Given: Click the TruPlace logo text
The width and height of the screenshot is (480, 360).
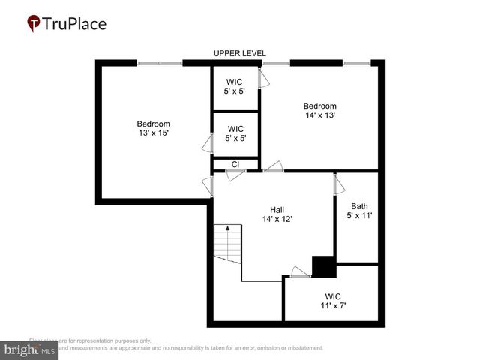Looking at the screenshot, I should (x=75, y=23).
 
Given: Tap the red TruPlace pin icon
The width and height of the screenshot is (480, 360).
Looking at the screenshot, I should (x=34, y=24).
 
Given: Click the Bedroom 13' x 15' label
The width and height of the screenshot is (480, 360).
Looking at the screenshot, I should (x=153, y=128).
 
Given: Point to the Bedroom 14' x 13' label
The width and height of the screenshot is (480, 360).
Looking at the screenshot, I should (x=319, y=110).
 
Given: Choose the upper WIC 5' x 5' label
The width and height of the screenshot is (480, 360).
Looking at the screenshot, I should (x=235, y=86).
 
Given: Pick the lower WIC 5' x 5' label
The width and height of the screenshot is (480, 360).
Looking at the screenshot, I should (x=235, y=133).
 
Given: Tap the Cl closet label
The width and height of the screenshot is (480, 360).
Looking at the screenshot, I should (x=235, y=164).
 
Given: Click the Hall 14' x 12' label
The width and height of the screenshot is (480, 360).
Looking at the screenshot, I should (x=277, y=214).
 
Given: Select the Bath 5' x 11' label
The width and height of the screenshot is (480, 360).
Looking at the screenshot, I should (x=359, y=211).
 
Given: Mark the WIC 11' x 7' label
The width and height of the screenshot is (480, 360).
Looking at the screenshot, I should (x=333, y=300).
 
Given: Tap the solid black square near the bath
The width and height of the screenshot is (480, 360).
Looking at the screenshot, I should (x=323, y=267).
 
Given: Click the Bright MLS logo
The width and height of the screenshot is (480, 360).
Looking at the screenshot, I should (x=30, y=349).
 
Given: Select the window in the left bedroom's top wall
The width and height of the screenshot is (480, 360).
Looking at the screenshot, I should (x=159, y=63).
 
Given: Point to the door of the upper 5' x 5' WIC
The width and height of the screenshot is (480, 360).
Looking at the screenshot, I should (x=262, y=78).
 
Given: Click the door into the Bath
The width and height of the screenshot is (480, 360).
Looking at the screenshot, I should (x=339, y=184).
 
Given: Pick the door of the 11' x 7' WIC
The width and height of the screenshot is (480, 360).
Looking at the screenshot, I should (x=300, y=272).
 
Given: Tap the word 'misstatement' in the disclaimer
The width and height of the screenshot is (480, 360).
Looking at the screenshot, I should (x=300, y=348).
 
